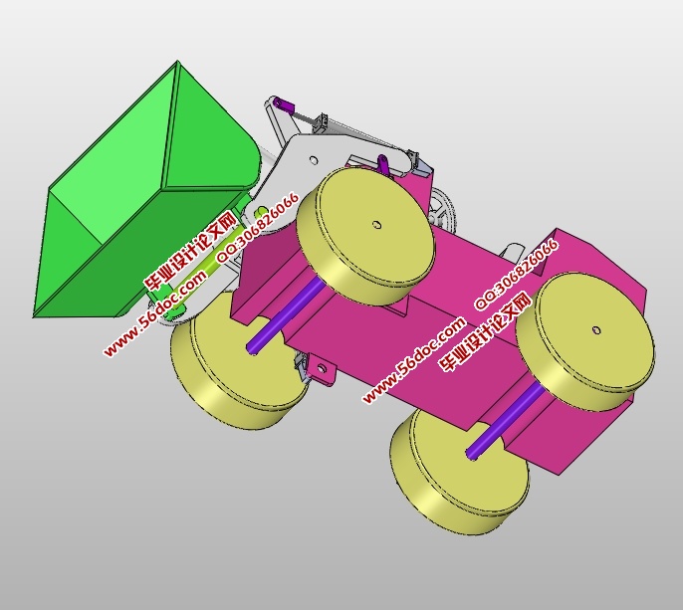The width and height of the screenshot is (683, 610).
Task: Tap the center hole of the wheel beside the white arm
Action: tap(376, 225)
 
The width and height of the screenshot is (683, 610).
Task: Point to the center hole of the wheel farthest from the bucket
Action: tap(596, 329)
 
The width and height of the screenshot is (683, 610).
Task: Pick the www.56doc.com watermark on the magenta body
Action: tap(413, 360)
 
